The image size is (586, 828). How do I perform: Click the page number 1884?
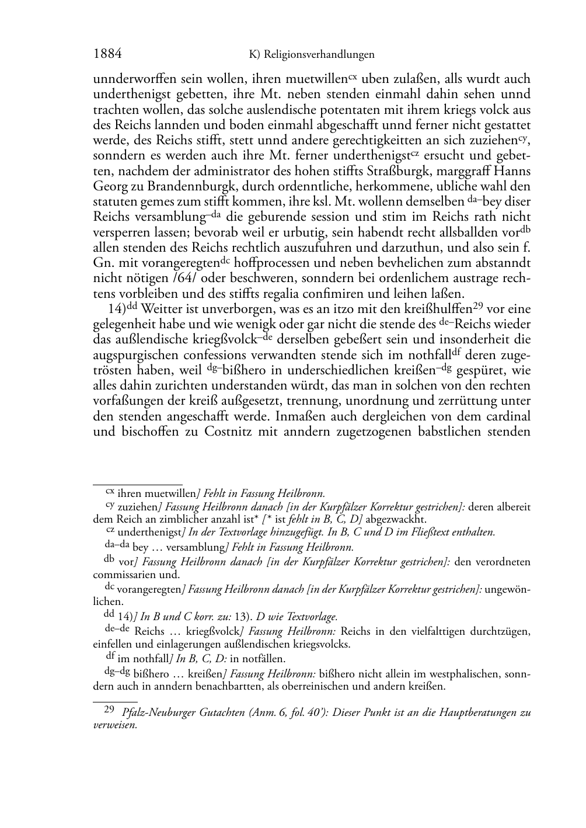[x=107, y=54]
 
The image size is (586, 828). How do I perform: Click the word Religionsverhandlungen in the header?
[x=319, y=55]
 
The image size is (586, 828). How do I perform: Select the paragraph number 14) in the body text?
[x=113, y=308]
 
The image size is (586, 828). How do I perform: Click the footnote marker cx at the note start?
[x=109, y=492]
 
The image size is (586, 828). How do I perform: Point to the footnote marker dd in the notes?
[x=109, y=615]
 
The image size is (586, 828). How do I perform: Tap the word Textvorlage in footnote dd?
[x=312, y=616]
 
